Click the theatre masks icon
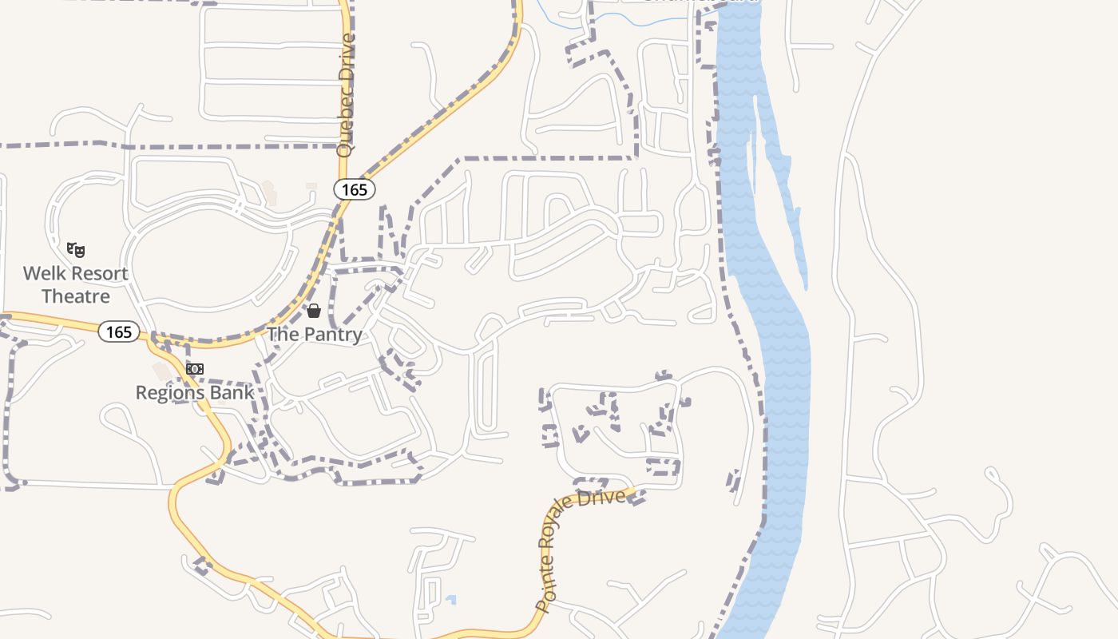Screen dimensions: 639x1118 [x=76, y=250]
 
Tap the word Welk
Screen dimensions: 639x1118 [x=41, y=274]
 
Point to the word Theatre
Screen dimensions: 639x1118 [x=75, y=296]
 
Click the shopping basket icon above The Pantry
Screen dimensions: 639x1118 [x=314, y=311]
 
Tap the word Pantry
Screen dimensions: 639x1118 [x=330, y=335]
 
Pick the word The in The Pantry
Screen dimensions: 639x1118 [x=281, y=335]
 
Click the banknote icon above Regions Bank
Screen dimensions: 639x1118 [x=195, y=369]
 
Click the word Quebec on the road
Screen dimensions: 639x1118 [x=345, y=127]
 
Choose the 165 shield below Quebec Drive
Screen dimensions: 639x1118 [x=354, y=189]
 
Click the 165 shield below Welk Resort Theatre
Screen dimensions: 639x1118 [x=119, y=331]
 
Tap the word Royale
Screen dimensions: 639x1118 [x=553, y=534]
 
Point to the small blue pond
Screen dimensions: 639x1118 [x=451, y=599]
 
